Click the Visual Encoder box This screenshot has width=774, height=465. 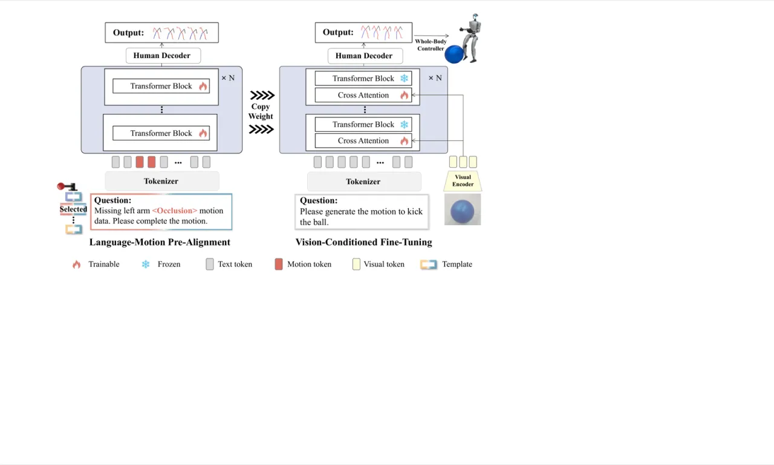pos(463,180)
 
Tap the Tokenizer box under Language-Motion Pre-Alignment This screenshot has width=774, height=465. pos(161,181)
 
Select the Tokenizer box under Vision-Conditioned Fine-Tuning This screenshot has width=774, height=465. pos(364,182)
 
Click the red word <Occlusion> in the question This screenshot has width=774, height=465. pos(175,211)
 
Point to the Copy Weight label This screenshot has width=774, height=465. pos(261,111)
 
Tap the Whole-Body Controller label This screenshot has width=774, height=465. pos(431,45)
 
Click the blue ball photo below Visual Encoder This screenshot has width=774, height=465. pos(463,209)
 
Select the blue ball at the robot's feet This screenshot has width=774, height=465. pos(454,54)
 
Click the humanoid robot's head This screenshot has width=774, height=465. pos(475,16)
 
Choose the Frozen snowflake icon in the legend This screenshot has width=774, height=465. pos(146,265)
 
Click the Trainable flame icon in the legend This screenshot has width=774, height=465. pos(76,265)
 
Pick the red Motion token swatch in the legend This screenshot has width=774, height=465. pos(279,265)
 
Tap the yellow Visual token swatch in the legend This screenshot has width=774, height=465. pos(356,265)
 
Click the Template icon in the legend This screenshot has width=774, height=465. pos(429,265)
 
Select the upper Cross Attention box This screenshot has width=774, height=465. pos(363,95)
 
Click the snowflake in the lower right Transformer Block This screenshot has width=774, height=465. pos(404,125)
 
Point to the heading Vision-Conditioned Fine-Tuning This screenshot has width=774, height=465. pos(363,242)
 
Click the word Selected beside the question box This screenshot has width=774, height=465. pos(73,209)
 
